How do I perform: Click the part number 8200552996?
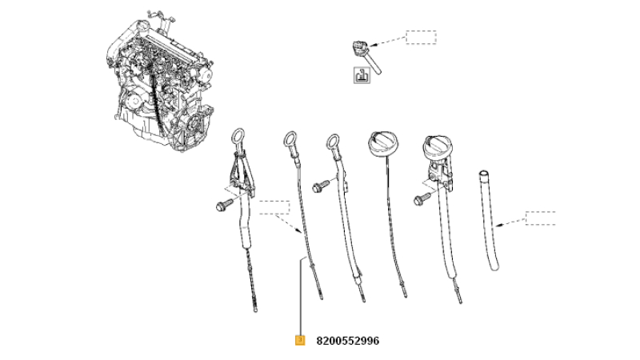pos(347,341)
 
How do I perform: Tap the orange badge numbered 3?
pos(300,340)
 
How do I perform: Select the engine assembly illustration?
pos(159,79)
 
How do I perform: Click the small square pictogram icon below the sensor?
pos(362,75)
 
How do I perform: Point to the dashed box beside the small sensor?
pos(422,37)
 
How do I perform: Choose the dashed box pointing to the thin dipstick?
pos(274,207)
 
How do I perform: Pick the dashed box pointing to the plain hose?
pos(541,218)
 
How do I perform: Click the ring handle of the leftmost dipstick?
pos(238,137)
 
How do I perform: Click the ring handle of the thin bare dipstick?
pos(290,140)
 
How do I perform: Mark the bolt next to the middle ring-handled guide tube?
pos(321,186)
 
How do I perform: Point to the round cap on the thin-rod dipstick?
pos(383,143)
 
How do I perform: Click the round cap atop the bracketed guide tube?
pos(438,147)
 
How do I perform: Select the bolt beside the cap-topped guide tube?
pos(422,198)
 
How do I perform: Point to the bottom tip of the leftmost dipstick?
pos(255,310)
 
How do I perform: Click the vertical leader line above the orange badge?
pos(301,297)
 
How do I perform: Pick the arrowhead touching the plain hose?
pos(498,225)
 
